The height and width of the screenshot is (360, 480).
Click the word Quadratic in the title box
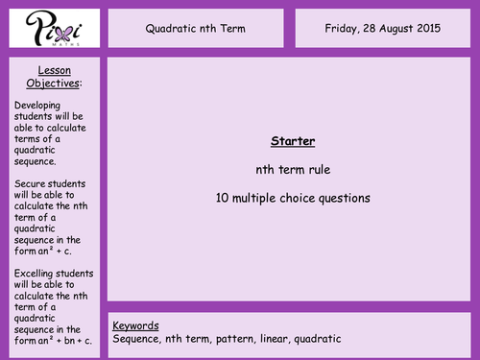pos(172,28)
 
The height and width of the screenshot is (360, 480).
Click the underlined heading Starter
pos(293,141)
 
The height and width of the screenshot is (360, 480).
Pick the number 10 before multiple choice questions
pos(223,199)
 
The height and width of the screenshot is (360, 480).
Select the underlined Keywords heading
pos(135,324)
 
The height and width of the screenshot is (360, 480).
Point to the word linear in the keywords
pos(278,339)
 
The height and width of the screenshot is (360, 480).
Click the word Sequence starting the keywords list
pos(139,339)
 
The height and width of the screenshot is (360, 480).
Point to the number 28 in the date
pos(379,28)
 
